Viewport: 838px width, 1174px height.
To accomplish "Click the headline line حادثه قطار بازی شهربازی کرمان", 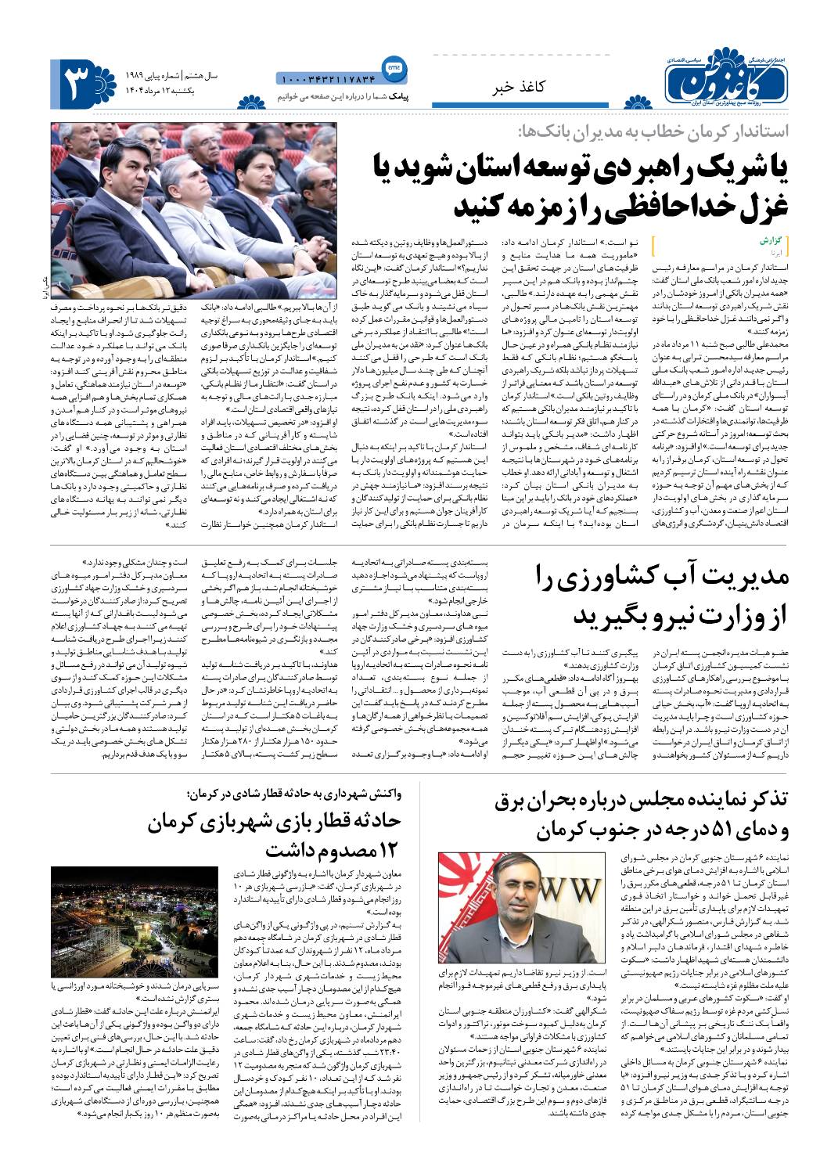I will click(274, 822).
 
